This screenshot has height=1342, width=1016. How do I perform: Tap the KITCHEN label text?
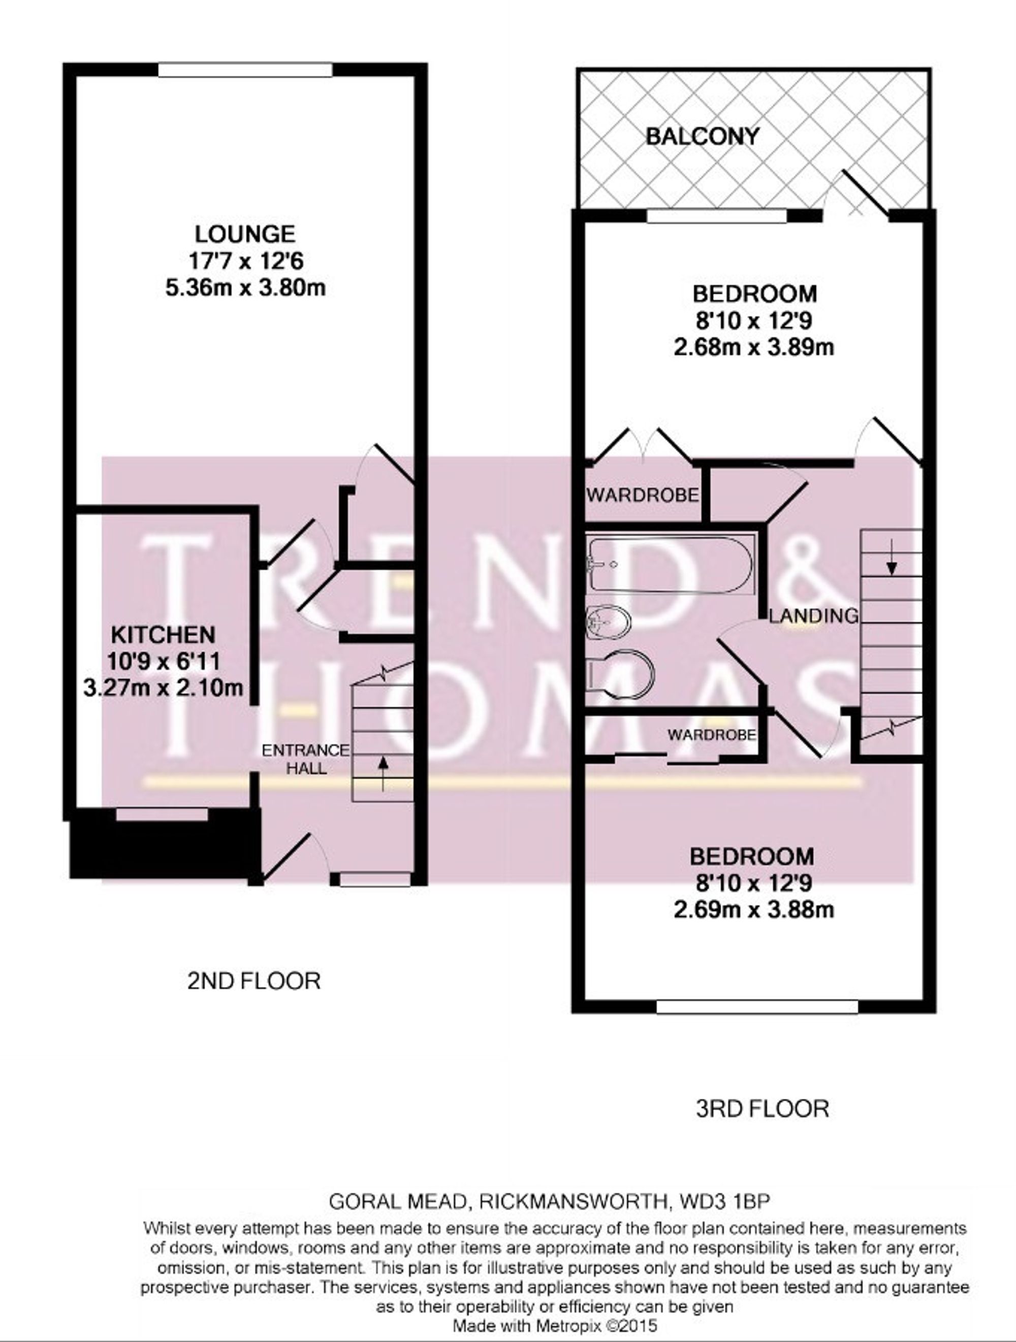tap(163, 635)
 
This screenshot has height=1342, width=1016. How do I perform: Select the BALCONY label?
tap(702, 136)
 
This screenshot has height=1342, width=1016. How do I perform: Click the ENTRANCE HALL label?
tap(305, 759)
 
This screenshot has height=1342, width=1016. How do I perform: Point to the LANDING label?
tap(813, 616)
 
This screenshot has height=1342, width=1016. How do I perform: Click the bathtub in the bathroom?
tap(671, 564)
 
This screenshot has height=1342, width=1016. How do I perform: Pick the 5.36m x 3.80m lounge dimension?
tap(245, 287)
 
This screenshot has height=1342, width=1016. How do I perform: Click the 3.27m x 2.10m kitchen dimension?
tap(163, 688)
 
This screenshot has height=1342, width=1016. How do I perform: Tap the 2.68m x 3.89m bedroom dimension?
tap(754, 347)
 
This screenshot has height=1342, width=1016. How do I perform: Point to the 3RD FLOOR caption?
tap(761, 1109)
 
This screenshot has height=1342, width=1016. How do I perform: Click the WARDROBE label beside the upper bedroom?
tap(642, 495)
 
